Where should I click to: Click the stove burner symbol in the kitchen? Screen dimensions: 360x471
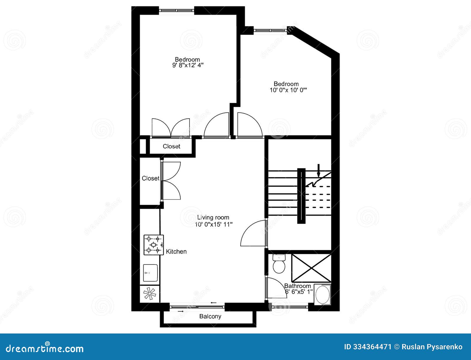153,245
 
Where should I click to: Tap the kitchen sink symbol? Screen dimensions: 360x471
150,273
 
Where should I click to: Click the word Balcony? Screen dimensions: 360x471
210,317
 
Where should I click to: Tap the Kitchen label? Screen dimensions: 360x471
176,252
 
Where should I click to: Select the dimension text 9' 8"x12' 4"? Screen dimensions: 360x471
188,65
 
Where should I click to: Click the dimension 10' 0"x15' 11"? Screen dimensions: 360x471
214,224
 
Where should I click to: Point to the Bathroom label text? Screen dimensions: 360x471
297,286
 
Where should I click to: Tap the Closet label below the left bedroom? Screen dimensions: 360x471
171,146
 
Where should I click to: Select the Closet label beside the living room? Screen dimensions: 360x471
150,178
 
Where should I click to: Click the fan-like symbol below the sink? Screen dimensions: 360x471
150,294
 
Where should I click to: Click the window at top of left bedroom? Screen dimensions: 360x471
177,10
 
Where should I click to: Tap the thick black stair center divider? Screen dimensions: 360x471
301,196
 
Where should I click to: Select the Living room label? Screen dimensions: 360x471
213,217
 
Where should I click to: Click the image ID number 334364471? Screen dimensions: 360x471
372,347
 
